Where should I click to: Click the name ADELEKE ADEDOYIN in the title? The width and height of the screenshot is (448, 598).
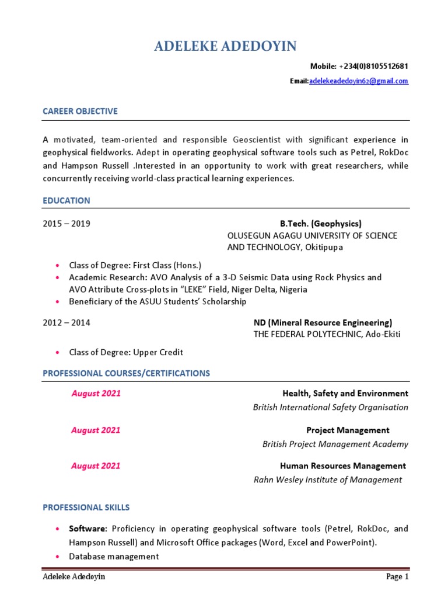coord(226,47)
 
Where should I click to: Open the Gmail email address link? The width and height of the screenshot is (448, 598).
coord(359,81)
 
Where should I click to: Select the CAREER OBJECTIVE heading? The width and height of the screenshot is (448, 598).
coord(80,111)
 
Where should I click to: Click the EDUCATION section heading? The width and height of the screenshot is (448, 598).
coord(66,200)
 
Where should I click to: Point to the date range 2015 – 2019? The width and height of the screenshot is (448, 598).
coord(66,224)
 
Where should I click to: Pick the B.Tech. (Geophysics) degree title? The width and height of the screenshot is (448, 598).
coord(320,224)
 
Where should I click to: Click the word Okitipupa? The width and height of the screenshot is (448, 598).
coord(323,247)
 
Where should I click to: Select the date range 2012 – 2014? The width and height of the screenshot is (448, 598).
coord(66,322)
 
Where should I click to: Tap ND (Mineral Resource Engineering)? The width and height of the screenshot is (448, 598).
coord(323,322)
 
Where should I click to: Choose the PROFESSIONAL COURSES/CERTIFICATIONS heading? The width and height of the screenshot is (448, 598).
coord(126,373)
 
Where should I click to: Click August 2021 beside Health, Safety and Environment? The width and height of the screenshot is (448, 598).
coord(96,394)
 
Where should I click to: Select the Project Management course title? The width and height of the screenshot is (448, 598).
coord(348,430)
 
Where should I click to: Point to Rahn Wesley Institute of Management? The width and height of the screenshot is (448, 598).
coord(327,480)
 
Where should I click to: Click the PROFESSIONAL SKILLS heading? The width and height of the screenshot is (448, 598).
coord(86,507)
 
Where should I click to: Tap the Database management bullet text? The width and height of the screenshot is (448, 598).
coord(114,557)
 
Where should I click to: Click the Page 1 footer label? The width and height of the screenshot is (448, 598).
coord(397,577)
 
